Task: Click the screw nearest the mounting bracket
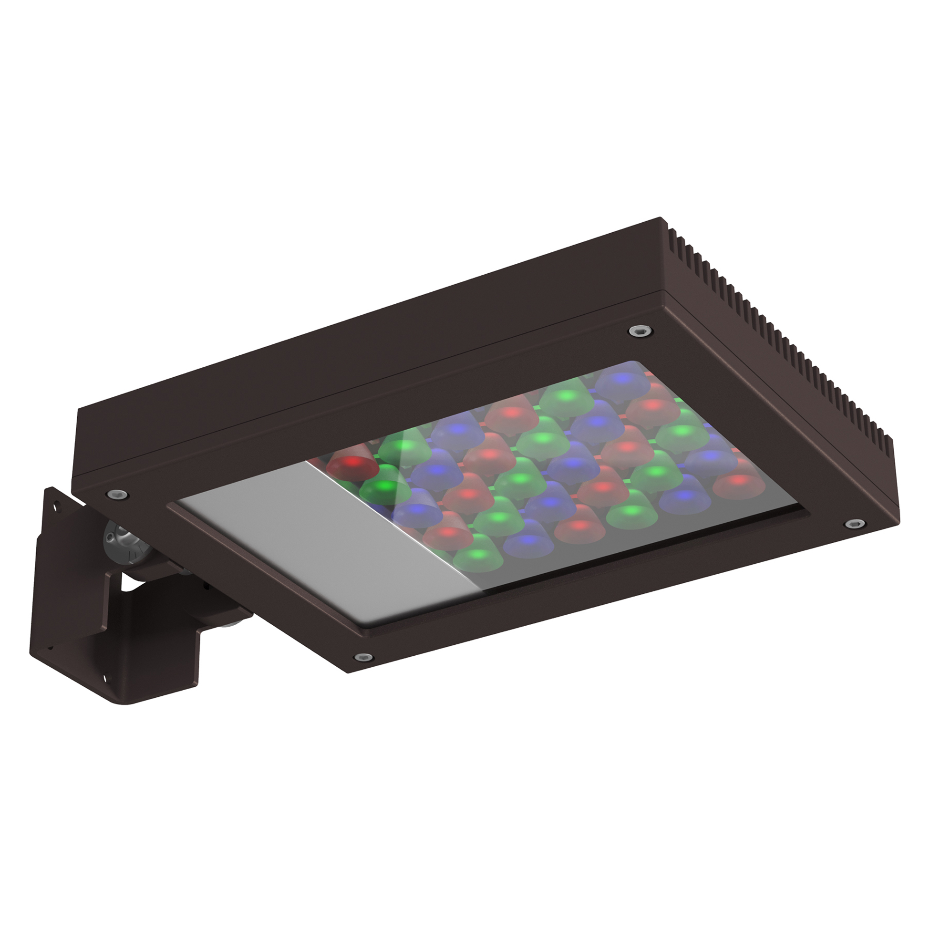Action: (x=118, y=494)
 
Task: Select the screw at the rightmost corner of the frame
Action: (x=854, y=523)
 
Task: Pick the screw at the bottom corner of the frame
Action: (x=363, y=657)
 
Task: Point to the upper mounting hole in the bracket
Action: (x=57, y=506)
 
